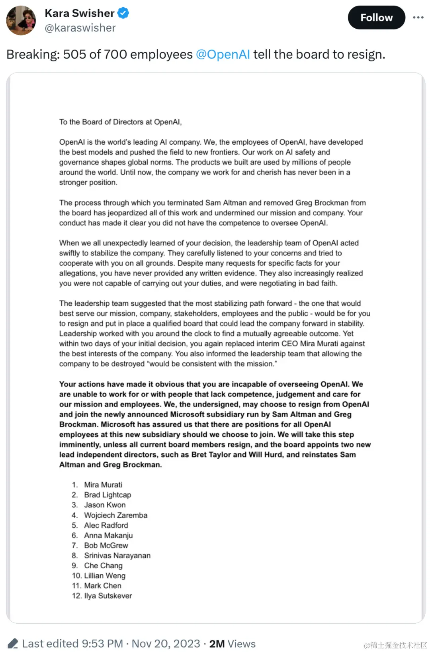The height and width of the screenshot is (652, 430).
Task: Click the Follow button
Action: (x=376, y=18)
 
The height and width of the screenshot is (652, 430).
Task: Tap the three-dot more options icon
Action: (x=418, y=18)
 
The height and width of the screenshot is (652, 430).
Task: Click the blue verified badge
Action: (x=123, y=13)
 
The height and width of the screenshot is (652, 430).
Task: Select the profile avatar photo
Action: (x=21, y=20)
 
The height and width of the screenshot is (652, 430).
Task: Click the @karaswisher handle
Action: (x=80, y=28)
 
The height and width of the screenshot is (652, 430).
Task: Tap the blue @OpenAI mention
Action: (x=223, y=54)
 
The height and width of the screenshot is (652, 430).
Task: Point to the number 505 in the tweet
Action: (x=74, y=54)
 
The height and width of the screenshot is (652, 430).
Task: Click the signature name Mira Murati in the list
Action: (x=103, y=485)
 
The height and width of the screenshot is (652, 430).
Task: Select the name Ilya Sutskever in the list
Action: (x=108, y=596)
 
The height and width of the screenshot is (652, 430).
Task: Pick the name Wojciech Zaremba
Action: (x=115, y=515)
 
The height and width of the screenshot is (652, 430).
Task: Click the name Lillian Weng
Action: (x=105, y=575)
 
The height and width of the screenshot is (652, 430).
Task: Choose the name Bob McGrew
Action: (x=106, y=545)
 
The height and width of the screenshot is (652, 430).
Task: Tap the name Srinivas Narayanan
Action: (x=117, y=556)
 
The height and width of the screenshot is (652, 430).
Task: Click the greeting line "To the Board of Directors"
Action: (x=120, y=122)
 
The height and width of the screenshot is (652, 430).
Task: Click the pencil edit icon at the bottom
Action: (x=13, y=644)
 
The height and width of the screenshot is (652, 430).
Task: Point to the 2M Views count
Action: (x=233, y=644)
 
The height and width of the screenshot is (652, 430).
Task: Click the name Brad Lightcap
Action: (x=107, y=495)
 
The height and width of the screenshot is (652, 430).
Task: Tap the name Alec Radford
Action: (x=106, y=525)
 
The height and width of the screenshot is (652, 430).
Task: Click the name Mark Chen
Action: (x=103, y=585)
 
